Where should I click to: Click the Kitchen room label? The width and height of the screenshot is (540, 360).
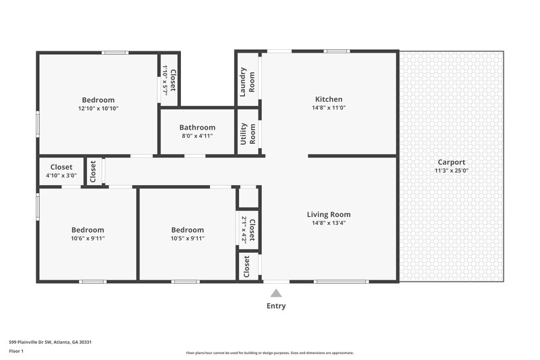click(328, 99)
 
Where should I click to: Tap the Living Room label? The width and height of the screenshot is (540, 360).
click(329, 215)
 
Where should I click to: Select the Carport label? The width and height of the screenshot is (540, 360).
click(452, 162)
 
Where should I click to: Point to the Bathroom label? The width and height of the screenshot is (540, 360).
click(197, 127)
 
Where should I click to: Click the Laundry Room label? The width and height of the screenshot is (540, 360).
click(248, 80)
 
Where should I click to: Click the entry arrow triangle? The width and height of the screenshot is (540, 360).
click(276, 293)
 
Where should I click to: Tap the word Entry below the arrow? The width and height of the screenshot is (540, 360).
click(276, 306)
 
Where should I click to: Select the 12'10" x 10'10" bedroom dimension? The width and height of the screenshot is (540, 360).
click(99, 108)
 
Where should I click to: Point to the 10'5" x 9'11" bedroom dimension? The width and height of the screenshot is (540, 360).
click(187, 238)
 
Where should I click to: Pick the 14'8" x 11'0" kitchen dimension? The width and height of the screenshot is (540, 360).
click(328, 107)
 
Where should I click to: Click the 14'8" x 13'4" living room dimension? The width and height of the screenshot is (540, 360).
click(329, 223)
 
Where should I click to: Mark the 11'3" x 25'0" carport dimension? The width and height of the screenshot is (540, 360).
click(452, 170)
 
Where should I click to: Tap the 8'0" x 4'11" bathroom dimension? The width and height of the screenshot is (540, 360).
click(197, 136)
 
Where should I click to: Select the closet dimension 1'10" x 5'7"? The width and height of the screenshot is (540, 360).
click(165, 80)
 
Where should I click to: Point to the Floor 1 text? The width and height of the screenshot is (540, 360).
click(16, 351)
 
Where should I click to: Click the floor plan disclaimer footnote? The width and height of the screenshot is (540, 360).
click(269, 353)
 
